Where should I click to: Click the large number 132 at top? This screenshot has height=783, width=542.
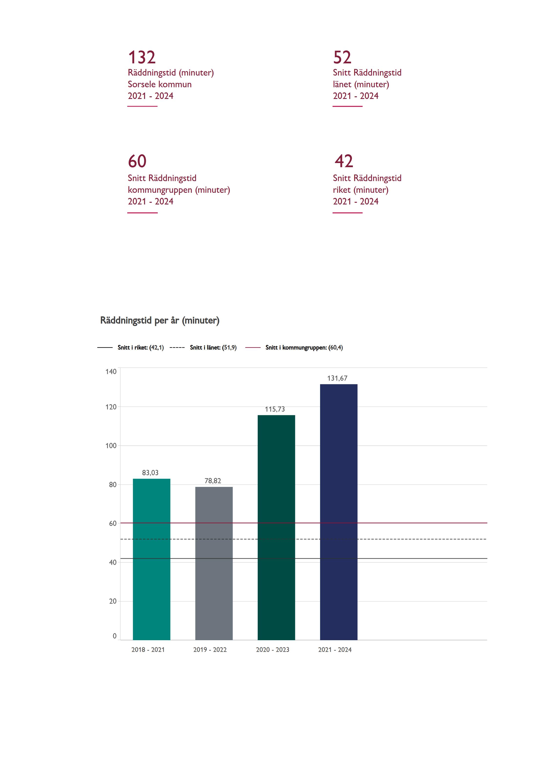[x=142, y=57]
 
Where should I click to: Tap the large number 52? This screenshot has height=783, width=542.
[x=342, y=57]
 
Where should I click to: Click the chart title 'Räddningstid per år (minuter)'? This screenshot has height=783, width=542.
[x=160, y=320]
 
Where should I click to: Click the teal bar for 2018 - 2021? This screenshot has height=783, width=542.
[x=151, y=559]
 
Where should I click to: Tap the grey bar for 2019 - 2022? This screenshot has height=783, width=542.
[x=214, y=563]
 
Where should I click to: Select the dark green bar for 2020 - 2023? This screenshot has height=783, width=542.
[x=276, y=527]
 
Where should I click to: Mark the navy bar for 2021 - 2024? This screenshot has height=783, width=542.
[x=339, y=512]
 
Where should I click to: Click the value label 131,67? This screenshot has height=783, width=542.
[x=337, y=378]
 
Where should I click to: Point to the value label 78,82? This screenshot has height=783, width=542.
[x=213, y=481]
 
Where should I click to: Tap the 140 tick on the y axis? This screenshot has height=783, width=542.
[x=111, y=371]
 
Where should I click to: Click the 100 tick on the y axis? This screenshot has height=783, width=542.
[x=111, y=446]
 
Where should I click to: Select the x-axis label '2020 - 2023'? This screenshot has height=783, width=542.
[x=273, y=650]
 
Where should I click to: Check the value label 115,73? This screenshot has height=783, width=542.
[x=275, y=409]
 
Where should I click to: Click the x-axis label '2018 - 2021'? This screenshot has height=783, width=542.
[x=148, y=650]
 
